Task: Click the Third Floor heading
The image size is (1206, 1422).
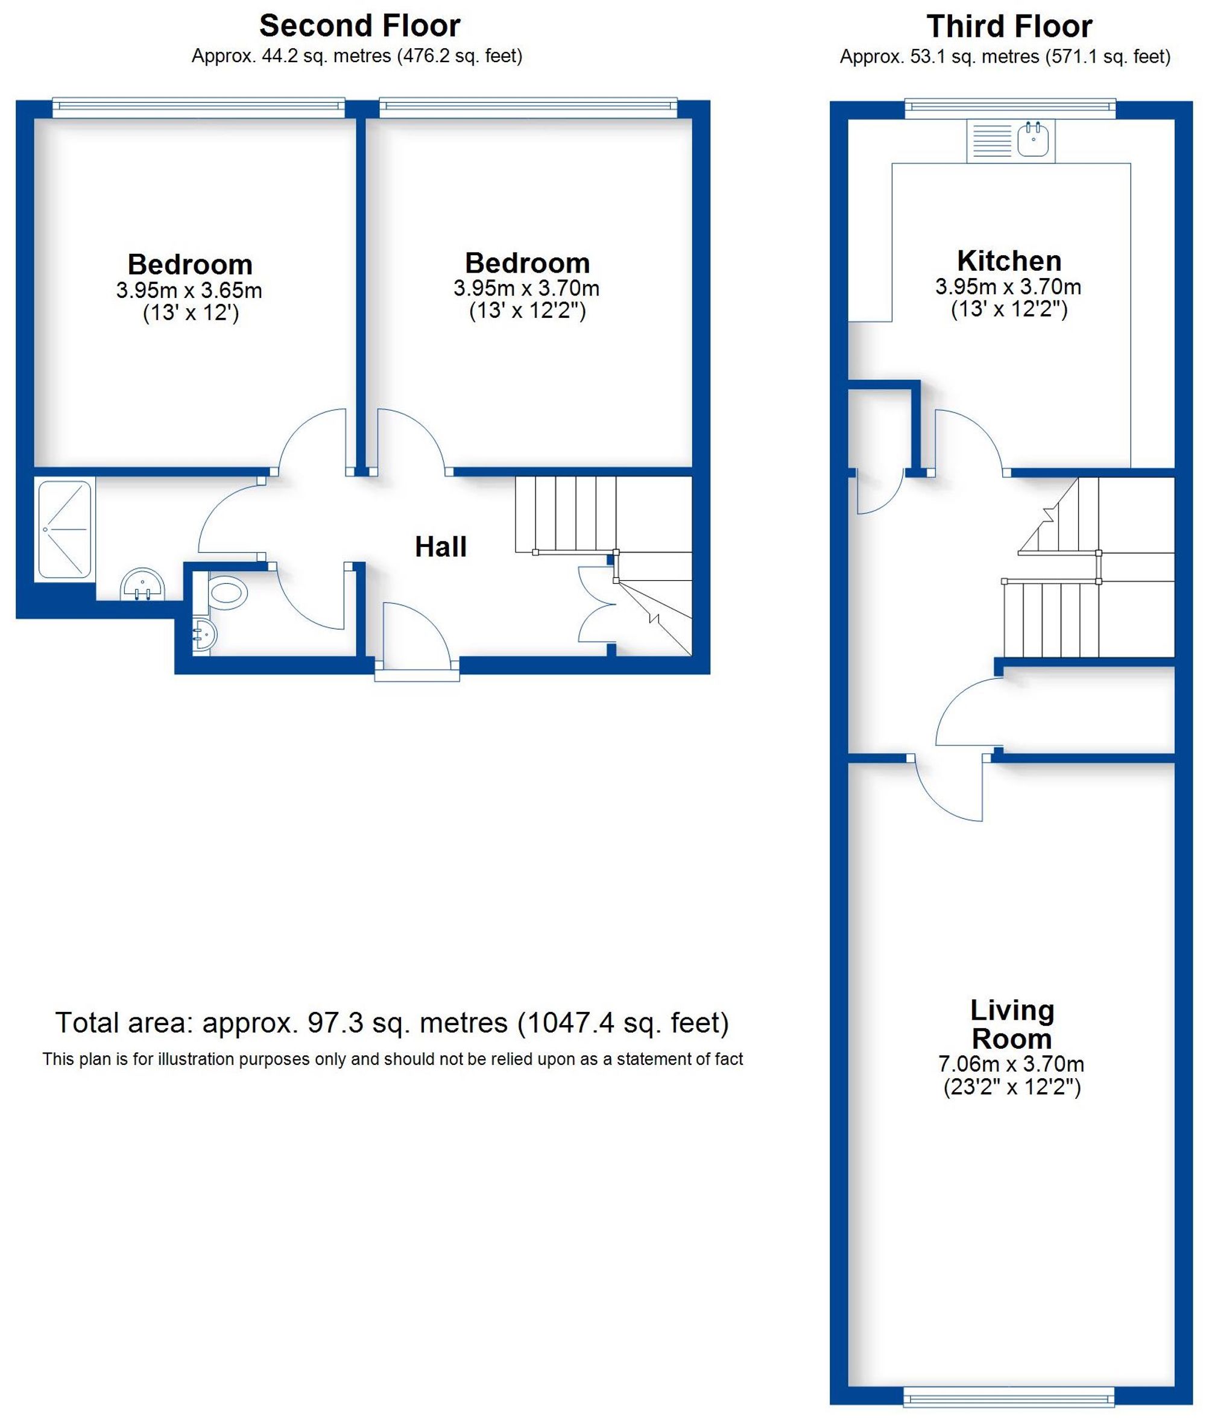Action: pos(1009,27)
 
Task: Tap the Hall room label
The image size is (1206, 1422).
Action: pos(441,547)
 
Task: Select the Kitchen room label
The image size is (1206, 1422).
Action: pos(1009,261)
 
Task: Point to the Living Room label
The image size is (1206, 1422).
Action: pos(1012,1024)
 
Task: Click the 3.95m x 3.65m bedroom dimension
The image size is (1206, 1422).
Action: pos(189,291)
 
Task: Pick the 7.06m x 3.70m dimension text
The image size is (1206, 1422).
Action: pos(1011,1064)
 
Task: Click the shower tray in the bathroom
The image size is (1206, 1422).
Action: pos(65,529)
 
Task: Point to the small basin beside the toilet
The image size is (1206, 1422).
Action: pos(203,635)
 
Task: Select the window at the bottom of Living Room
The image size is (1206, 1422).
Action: pos(1008,1397)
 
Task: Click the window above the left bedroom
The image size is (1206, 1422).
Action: pos(199,104)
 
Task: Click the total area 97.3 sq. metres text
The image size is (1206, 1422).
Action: pos(392,1023)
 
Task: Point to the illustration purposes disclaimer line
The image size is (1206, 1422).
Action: pos(392,1059)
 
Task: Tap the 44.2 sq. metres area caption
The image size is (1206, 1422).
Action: pos(356,56)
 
